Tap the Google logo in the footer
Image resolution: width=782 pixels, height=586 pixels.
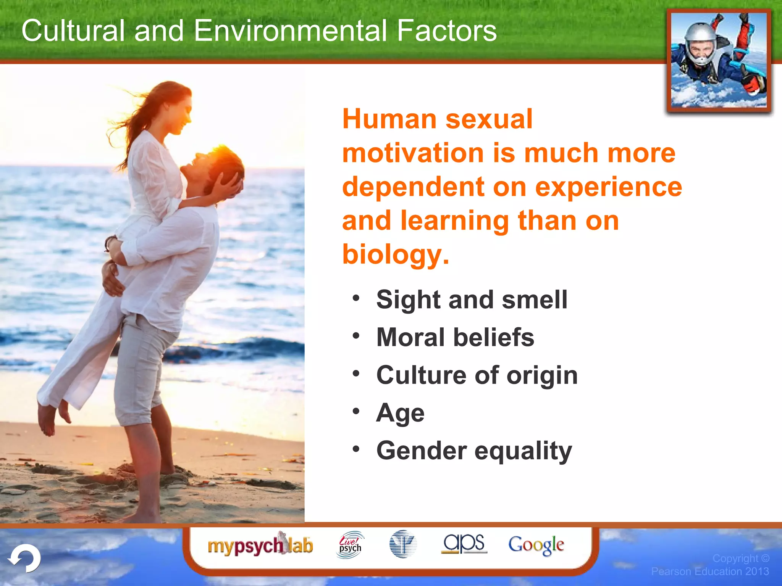pos(536,545)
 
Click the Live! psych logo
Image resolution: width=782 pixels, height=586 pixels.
pos(350,545)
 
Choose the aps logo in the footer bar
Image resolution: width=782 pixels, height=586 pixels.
pos(464,543)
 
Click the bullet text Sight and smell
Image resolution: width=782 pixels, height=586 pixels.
pos(472,299)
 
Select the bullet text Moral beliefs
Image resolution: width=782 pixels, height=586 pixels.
pos(455,337)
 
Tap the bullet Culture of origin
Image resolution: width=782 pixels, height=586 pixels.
pos(477,375)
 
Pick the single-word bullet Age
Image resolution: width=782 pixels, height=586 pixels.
pos(400,413)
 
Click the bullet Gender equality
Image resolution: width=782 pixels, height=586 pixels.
pos(474,451)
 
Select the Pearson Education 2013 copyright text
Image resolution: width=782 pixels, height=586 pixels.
pos(710,571)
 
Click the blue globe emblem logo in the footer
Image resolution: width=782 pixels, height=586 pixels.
pos(403,544)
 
